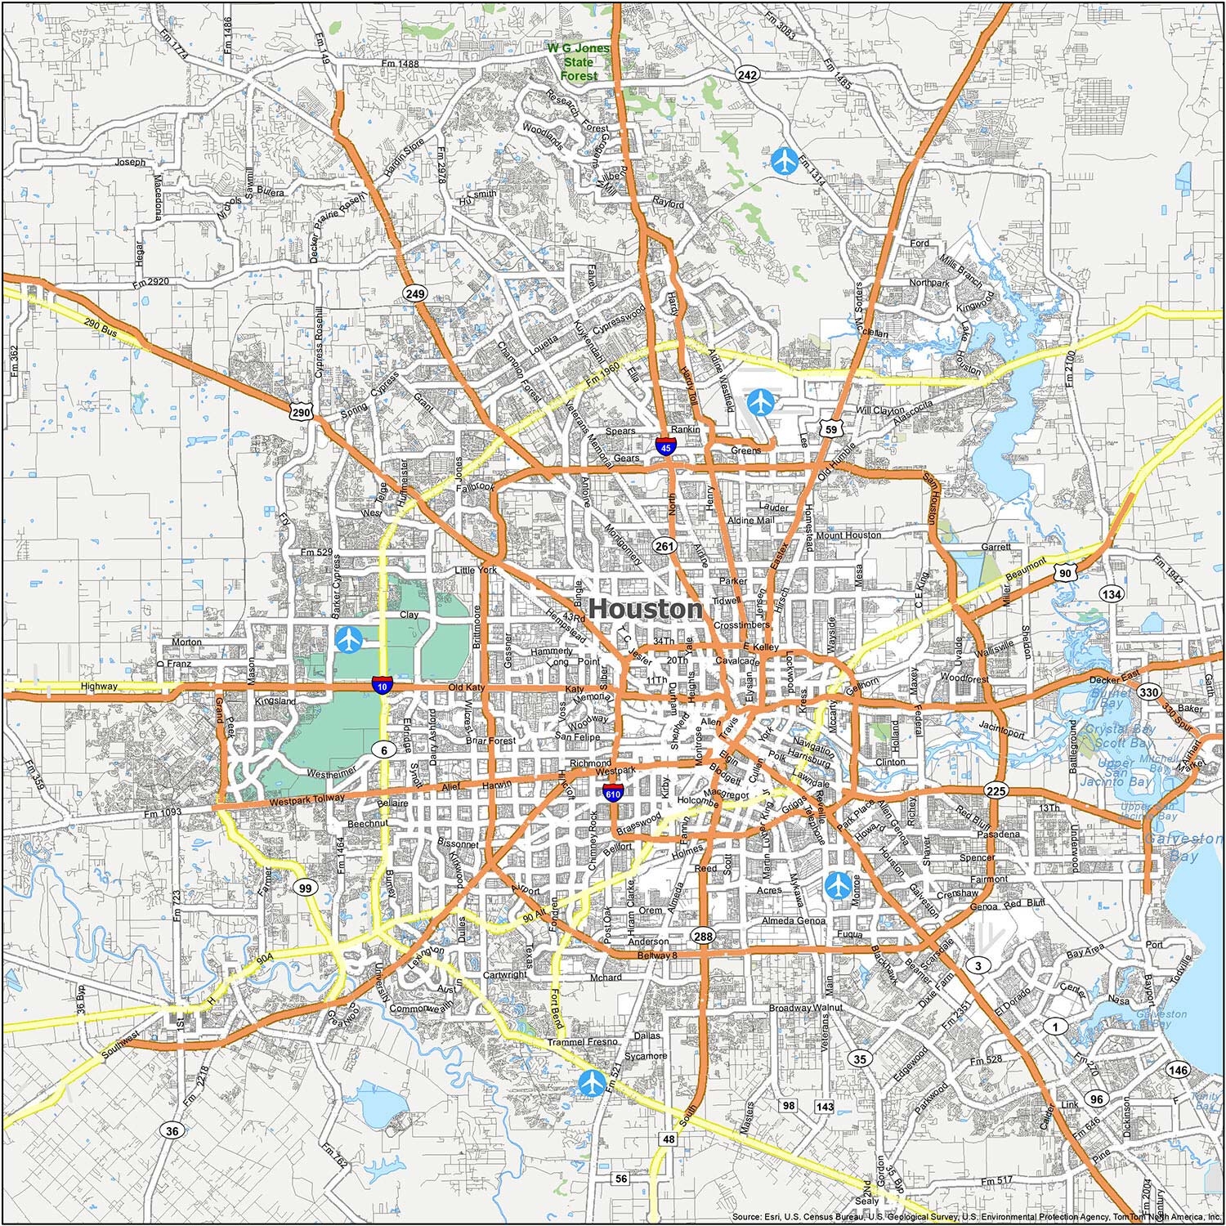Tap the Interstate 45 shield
pyautogui.click(x=666, y=446)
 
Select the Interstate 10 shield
pyautogui.click(x=381, y=684)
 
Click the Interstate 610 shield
pyautogui.click(x=612, y=791)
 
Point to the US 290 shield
pyautogui.click(x=302, y=413)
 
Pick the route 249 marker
pyautogui.click(x=414, y=293)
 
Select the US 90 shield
pyautogui.click(x=1064, y=574)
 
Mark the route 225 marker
pyautogui.click(x=996, y=790)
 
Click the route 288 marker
pyautogui.click(x=703, y=936)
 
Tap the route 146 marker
pyautogui.click(x=1178, y=1070)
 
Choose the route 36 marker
pyautogui.click(x=172, y=1131)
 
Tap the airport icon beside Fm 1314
pyautogui.click(x=785, y=159)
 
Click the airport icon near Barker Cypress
pyautogui.click(x=350, y=639)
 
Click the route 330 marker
pyautogui.click(x=1149, y=692)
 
